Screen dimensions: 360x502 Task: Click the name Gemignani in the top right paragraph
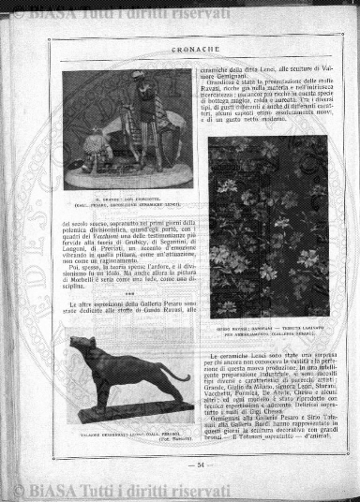pyautogui.click(x=225, y=79)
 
